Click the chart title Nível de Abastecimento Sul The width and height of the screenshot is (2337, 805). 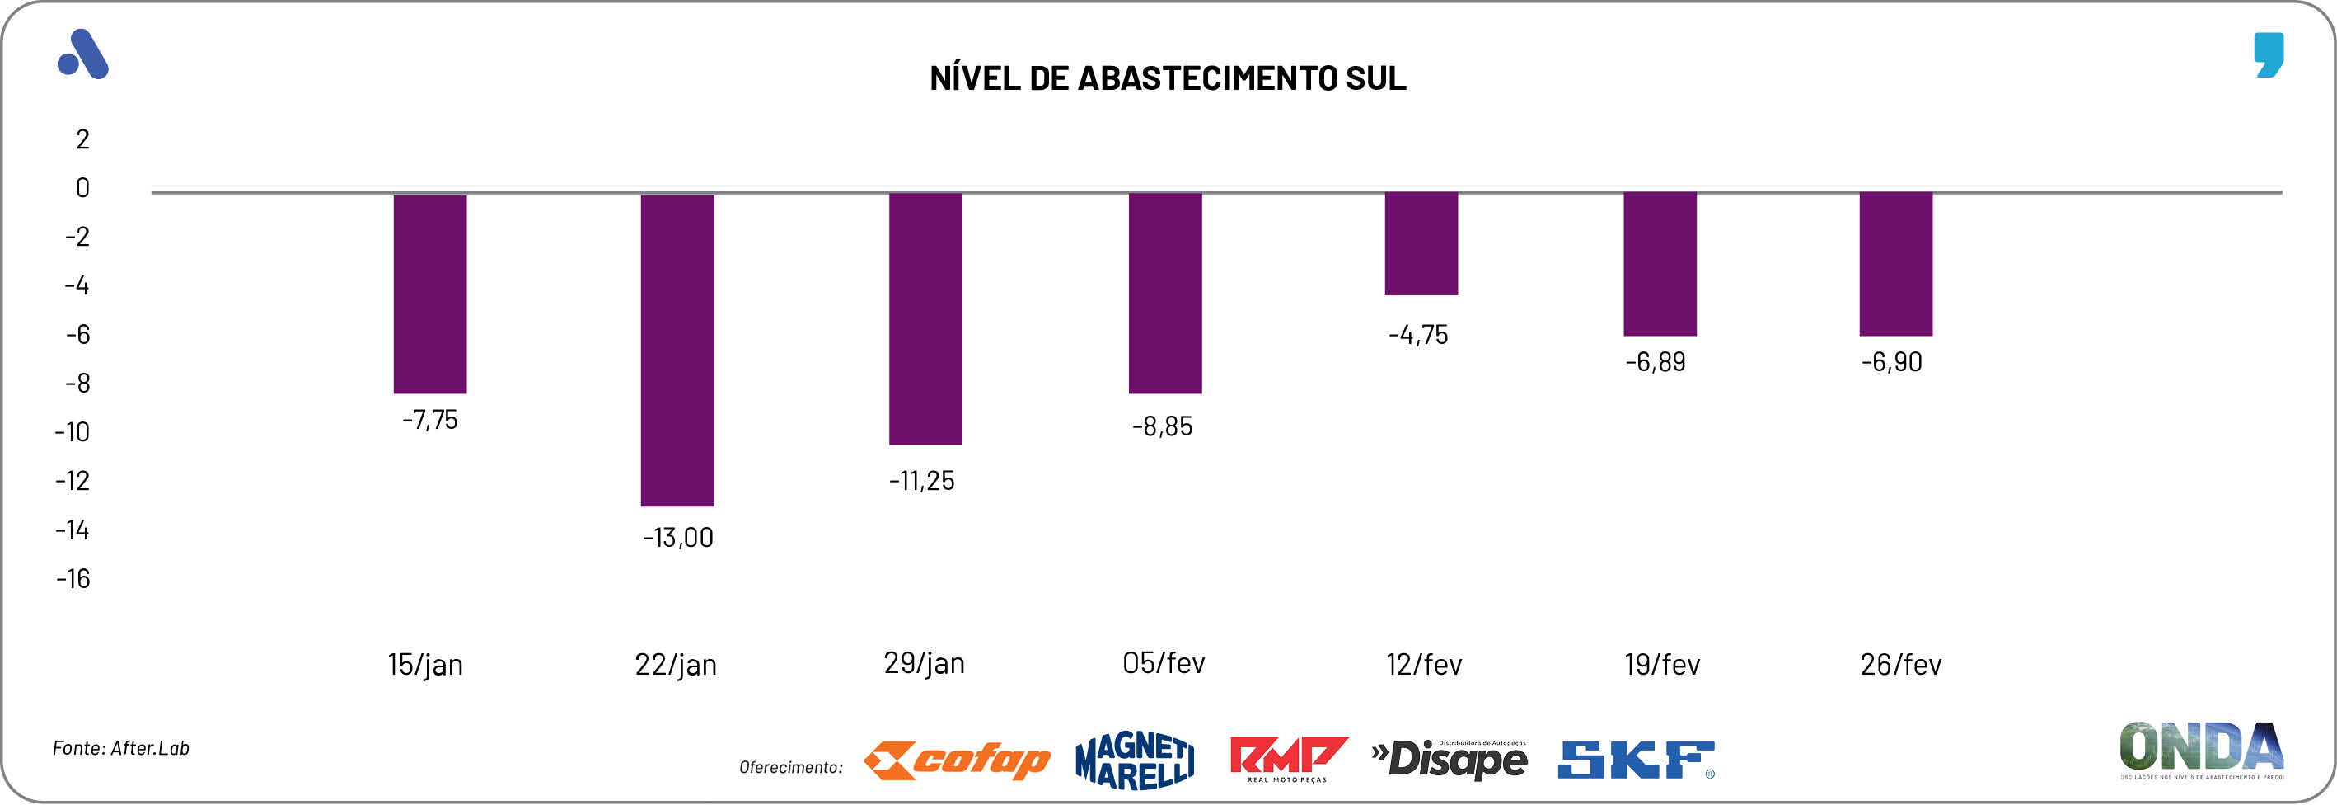coord(1168,78)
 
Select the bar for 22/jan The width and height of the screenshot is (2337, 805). coord(677,351)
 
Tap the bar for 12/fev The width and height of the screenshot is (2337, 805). coord(1421,243)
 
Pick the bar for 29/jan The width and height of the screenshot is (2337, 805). coord(925,318)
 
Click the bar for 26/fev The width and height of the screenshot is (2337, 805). coord(1895,264)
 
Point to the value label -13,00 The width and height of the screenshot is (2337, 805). coord(677,537)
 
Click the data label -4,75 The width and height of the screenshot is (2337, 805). coord(1418,335)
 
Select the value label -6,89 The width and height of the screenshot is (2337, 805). coord(1655,362)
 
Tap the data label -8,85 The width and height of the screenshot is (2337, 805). coord(1162,426)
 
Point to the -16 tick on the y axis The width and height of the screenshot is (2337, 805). coord(73,579)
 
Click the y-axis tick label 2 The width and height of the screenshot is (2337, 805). coord(82,139)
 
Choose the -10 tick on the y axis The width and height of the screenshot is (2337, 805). coord(73,432)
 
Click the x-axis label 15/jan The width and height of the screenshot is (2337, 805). coord(424,664)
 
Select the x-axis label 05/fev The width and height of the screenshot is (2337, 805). coord(1163,662)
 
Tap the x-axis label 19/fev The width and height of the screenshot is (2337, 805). coord(1661,664)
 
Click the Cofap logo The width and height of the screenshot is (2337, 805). coord(956,760)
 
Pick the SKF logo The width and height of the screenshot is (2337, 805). coord(1636,760)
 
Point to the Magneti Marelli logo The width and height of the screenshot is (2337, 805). coord(1134,760)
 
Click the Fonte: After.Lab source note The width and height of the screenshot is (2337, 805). coord(120,748)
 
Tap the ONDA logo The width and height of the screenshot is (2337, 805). coord(2201,750)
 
